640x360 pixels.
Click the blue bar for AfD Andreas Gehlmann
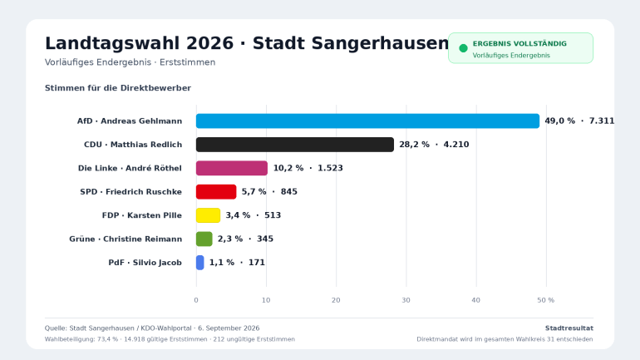(367, 121)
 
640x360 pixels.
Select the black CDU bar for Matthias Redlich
(295, 145)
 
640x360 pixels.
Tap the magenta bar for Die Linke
(232, 168)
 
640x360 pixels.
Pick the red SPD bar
(216, 192)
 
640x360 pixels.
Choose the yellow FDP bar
(208, 215)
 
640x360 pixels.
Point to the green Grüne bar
(204, 239)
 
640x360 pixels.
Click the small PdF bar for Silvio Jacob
(200, 263)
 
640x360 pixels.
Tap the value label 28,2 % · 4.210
(434, 145)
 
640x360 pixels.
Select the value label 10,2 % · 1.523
(308, 168)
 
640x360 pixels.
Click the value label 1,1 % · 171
(237, 263)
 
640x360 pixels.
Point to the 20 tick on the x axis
(336, 300)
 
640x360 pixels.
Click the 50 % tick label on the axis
(546, 300)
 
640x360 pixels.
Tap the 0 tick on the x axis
(196, 300)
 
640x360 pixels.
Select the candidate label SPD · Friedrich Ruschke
(131, 192)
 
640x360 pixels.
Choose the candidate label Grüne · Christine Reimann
(126, 239)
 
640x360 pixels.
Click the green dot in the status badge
(463, 48)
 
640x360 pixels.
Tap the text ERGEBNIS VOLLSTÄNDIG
(519, 44)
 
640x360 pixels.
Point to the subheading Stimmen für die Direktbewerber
(118, 88)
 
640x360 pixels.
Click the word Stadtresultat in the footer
(569, 328)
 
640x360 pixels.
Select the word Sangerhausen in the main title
(351, 44)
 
